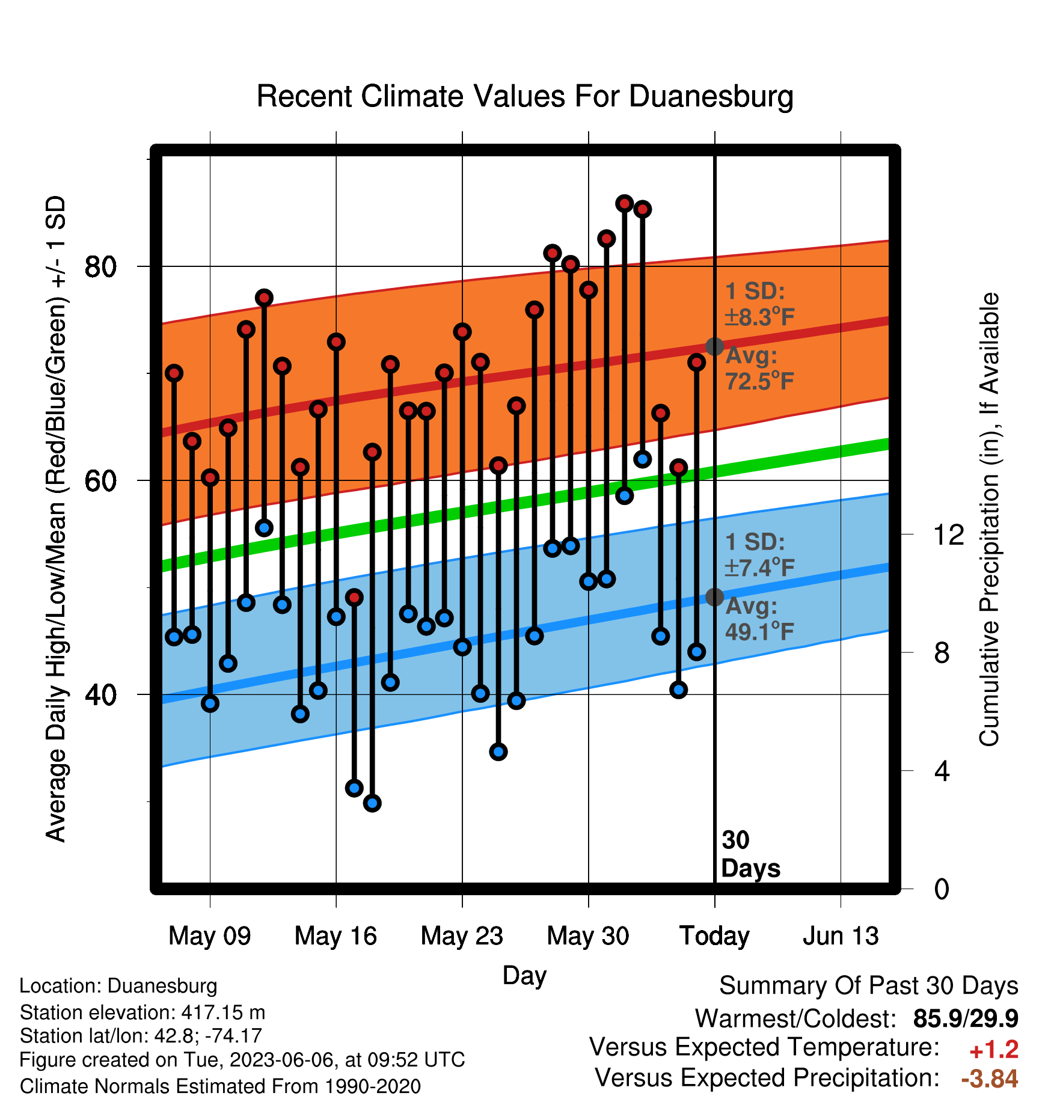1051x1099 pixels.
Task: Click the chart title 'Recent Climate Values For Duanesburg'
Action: coord(525,96)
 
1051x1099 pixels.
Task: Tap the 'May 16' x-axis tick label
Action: coord(336,935)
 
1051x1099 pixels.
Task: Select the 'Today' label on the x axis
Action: coord(714,935)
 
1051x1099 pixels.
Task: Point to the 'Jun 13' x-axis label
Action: coord(841,935)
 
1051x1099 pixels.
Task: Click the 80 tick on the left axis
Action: coord(100,266)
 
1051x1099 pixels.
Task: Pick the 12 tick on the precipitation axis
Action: coord(949,534)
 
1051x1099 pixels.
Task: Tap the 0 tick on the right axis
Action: coord(942,889)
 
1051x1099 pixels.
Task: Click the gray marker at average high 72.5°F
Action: coord(714,346)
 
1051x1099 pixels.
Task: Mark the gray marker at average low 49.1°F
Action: coord(714,597)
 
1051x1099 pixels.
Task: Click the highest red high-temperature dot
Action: coord(624,203)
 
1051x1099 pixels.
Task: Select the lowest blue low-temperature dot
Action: coord(372,803)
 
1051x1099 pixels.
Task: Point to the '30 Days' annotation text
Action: coord(750,854)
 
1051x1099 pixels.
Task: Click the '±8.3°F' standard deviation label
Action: coord(760,317)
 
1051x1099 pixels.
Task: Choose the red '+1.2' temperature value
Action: coord(994,1050)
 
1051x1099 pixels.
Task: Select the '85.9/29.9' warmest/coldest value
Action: coord(966,1018)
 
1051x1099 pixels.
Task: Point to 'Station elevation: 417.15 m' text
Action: coord(142,1012)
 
